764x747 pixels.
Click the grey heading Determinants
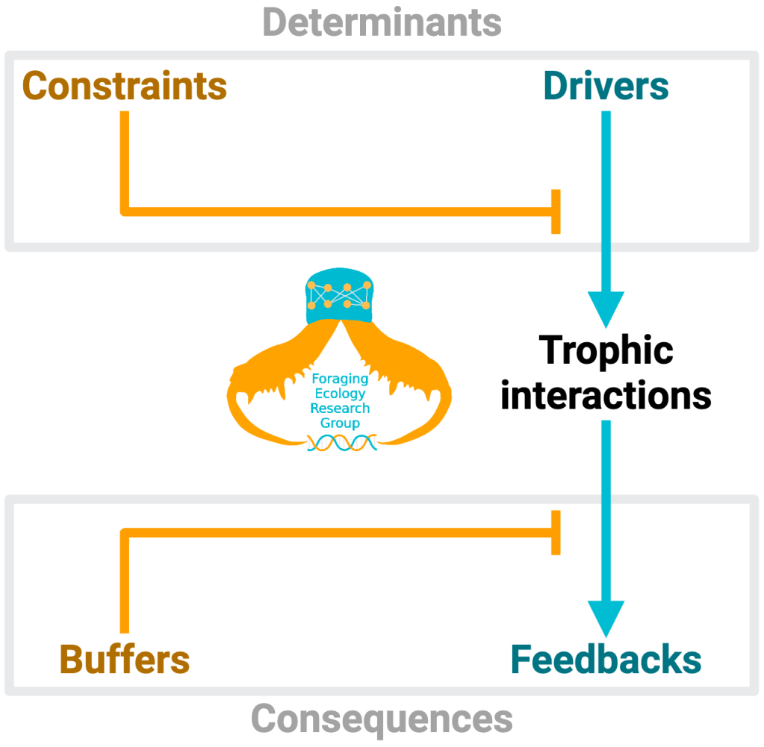coord(382,22)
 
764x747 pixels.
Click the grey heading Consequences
coord(382,719)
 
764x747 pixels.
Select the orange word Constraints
coord(125,87)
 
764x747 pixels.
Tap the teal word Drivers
coord(606,87)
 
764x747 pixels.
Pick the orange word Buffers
coord(125,660)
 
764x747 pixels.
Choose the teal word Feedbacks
coord(606,660)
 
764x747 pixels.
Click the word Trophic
coord(606,350)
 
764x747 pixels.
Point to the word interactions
coord(606,394)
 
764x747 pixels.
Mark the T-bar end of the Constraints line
coord(556,211)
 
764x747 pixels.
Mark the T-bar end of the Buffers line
coord(556,533)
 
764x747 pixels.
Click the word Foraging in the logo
coord(340,379)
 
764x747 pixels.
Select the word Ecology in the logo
coord(340,394)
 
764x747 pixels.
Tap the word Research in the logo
coord(340,409)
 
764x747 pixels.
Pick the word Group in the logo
coord(340,424)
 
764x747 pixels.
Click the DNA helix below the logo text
coord(341,444)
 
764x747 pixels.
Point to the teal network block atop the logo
coord(341,297)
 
